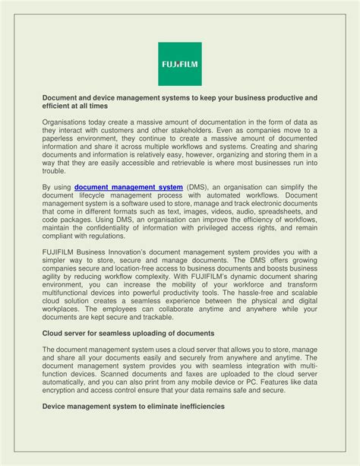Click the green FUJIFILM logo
179,64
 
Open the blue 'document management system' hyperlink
128,187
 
